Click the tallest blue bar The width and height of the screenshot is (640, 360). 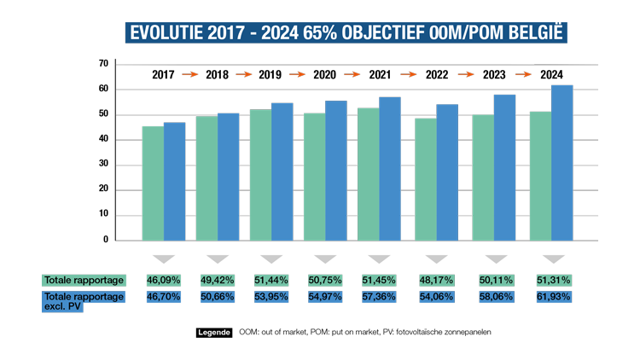pos(561,162)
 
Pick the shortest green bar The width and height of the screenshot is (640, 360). pos(153,183)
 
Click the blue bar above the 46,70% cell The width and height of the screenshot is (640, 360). pos(174,182)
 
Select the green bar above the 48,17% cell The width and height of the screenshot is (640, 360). pos(425,179)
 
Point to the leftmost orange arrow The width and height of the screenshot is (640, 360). pos(189,75)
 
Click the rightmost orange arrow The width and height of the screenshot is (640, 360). pos(523,75)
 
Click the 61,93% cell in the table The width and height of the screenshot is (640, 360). pos(553,297)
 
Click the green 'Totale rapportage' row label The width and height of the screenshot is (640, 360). pos(84,280)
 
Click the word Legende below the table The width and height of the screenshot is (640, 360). pos(214,331)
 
